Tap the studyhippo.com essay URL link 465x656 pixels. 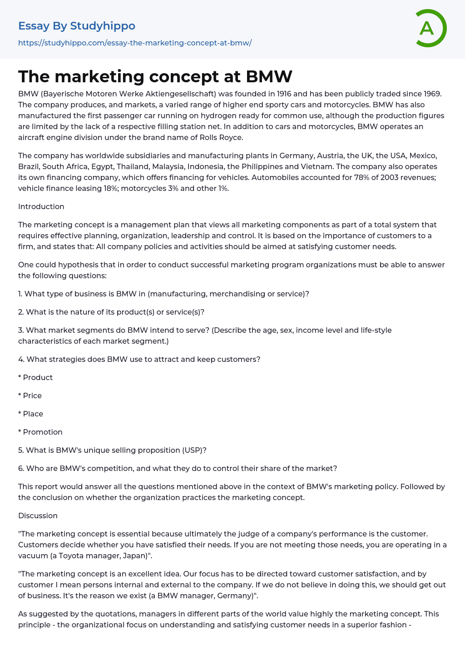135,43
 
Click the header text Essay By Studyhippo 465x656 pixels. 77,26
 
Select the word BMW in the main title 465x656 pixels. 269,76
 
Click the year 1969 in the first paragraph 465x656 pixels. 431,94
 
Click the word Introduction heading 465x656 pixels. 41,206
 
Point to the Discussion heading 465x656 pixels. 38,516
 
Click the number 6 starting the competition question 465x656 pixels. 20,468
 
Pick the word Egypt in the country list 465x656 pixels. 102,166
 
